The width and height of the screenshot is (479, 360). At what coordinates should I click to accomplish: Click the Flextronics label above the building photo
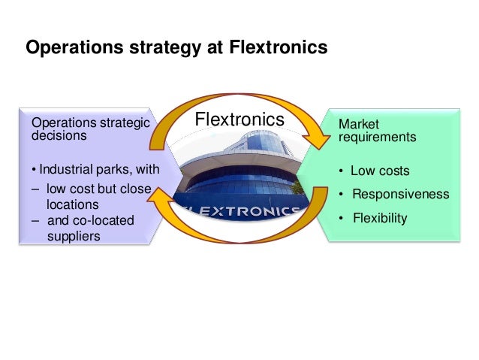tap(239, 119)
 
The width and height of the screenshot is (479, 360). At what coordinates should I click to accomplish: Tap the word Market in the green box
tap(359, 123)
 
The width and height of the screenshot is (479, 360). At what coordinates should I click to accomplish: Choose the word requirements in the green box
tap(377, 138)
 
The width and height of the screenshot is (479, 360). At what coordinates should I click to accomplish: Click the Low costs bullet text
tap(380, 171)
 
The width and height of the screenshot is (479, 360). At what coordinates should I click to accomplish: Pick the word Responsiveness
tap(400, 195)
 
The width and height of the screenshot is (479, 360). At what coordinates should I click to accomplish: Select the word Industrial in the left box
tap(65, 168)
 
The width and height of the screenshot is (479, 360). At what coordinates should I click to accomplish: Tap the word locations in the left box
tap(72, 204)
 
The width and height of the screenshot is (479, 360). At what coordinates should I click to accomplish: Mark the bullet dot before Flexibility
tap(342, 219)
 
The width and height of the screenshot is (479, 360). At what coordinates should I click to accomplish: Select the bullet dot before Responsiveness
tap(342, 195)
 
